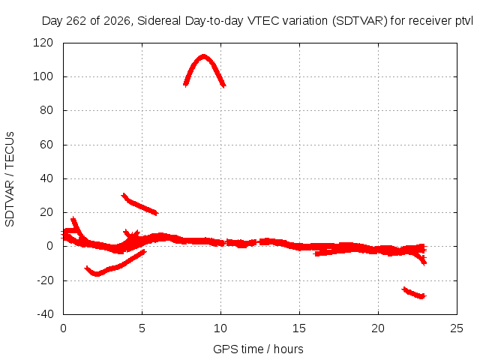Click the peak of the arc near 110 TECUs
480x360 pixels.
(x=203, y=57)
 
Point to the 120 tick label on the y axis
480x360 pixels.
(x=43, y=43)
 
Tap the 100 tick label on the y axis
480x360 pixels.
(x=43, y=76)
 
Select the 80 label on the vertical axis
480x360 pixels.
(x=46, y=110)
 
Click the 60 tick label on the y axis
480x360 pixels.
(x=46, y=145)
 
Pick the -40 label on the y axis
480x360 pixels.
(x=45, y=314)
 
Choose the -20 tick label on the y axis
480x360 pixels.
(x=45, y=280)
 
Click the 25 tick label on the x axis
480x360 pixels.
(x=457, y=328)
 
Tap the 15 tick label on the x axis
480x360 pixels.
(x=299, y=328)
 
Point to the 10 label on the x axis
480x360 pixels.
(x=220, y=328)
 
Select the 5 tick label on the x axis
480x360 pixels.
(x=142, y=328)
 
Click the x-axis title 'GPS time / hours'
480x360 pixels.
(x=258, y=349)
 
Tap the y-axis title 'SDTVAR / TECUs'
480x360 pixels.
(x=10, y=179)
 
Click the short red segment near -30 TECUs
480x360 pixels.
(x=414, y=293)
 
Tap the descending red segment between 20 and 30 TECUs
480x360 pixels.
(x=140, y=205)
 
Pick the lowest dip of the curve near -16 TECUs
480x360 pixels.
(x=97, y=274)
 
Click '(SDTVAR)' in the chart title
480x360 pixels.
(x=360, y=21)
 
